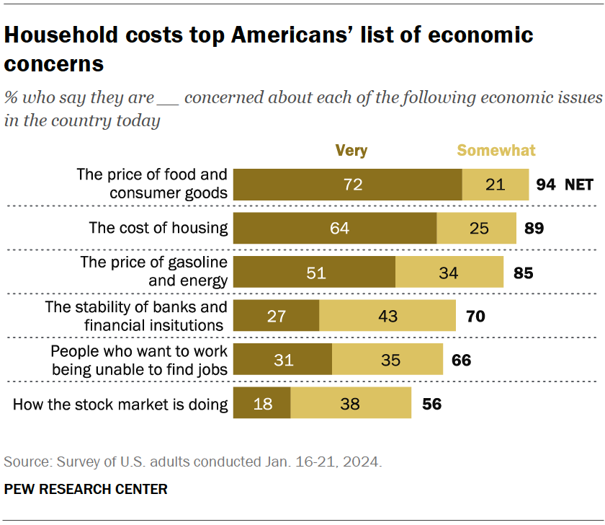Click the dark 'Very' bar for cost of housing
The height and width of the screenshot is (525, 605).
(336, 229)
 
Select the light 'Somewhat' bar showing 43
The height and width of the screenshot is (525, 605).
(387, 317)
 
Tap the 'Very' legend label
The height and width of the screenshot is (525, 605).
(351, 151)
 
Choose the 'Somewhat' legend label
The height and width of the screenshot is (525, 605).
(496, 151)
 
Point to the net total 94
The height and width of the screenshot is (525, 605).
(546, 185)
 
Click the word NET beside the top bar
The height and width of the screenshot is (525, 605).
(578, 185)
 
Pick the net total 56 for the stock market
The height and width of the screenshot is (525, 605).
(431, 404)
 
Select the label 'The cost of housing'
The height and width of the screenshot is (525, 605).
(158, 229)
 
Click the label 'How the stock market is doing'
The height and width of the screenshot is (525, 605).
(120, 404)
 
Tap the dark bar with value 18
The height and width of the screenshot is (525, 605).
(262, 404)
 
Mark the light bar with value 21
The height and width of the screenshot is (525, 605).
(495, 185)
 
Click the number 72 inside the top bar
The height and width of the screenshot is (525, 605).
(352, 185)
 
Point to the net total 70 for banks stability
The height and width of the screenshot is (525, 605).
(476, 317)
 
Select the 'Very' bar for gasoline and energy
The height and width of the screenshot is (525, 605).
(315, 273)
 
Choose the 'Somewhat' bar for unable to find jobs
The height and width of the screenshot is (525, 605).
(387, 360)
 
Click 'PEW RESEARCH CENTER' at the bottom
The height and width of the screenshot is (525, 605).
(86, 490)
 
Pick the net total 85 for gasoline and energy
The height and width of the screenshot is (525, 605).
(523, 273)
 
